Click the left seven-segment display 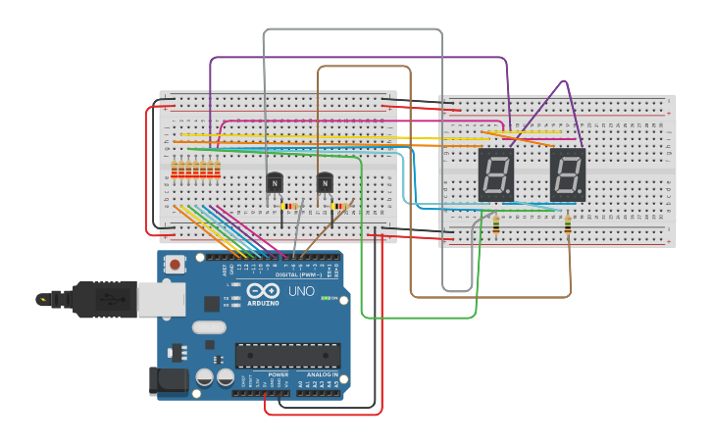click(495, 174)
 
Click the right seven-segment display click(567, 174)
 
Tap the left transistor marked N click(275, 182)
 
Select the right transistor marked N click(325, 182)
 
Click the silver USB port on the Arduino click(161, 299)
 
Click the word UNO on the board click(301, 292)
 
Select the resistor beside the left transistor click(289, 207)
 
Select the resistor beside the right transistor click(340, 207)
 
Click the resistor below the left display click(495, 225)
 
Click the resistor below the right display click(569, 227)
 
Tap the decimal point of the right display click(583, 193)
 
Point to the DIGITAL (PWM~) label click(300, 274)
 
